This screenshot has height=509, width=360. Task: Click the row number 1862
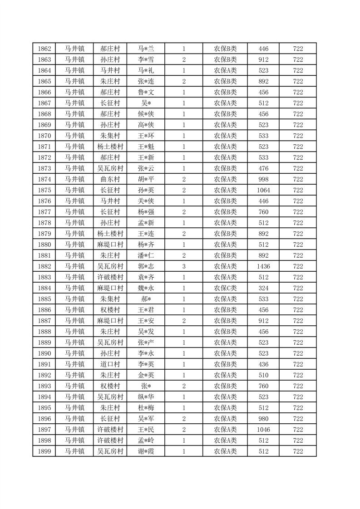tap(44, 49)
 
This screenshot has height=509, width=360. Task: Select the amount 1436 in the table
tap(263, 266)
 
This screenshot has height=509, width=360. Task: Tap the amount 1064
tap(263, 190)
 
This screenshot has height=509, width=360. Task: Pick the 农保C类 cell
tap(225, 288)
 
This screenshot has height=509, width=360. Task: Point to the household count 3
tap(184, 266)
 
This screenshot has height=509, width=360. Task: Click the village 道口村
tap(110, 364)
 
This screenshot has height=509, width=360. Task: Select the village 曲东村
tap(110, 179)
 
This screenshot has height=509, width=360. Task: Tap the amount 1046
tap(263, 430)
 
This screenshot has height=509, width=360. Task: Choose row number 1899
tap(44, 451)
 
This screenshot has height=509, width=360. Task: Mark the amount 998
tap(263, 179)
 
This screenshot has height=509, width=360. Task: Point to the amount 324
tap(263, 288)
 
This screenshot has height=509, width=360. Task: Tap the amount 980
tap(263, 419)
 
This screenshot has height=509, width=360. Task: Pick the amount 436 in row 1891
tap(263, 364)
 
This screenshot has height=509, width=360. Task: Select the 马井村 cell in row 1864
tap(110, 70)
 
